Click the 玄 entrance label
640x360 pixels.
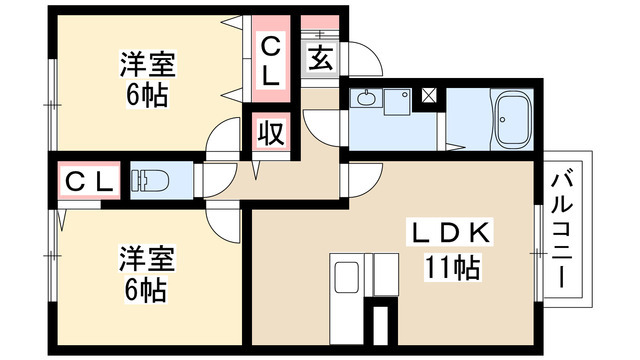pyautogui.click(x=320, y=59)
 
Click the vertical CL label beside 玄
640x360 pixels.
pyautogui.click(x=271, y=59)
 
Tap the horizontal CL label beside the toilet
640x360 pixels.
pyautogui.click(x=91, y=181)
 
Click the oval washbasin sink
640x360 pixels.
pyautogui.click(x=364, y=98)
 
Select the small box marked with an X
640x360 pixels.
pyautogui.click(x=429, y=97)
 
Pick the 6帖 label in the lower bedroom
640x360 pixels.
pyautogui.click(x=147, y=290)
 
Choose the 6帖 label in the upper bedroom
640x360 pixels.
pyautogui.click(x=147, y=98)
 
